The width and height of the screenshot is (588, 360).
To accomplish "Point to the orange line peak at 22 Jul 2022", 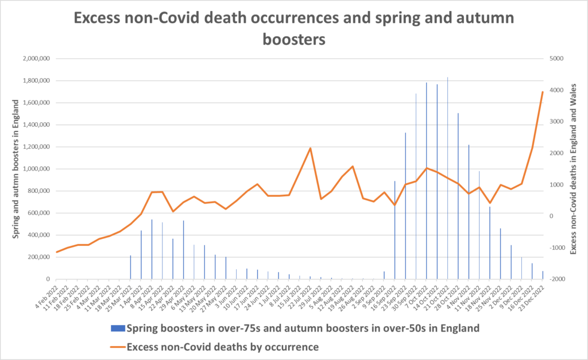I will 310,148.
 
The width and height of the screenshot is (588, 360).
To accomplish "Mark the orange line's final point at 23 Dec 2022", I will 543,92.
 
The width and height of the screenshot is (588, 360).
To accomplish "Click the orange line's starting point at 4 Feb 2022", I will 57,252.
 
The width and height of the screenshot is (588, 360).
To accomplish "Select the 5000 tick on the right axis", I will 557,59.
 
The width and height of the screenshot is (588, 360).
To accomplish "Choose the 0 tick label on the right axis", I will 552,216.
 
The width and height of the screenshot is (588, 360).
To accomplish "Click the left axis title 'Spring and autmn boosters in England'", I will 17,169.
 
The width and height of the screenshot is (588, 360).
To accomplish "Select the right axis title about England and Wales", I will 572,169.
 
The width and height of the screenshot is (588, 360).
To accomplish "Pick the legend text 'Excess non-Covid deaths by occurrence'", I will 223,346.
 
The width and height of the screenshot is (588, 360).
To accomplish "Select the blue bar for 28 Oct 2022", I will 458,196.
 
